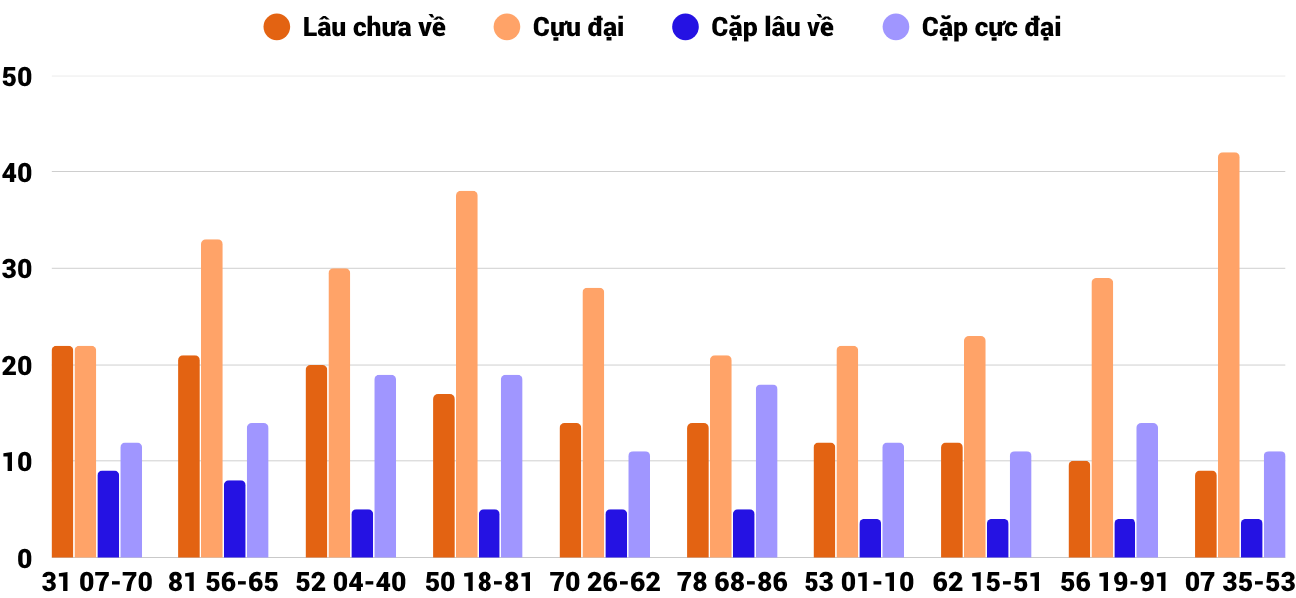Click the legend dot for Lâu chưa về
(x=277, y=27)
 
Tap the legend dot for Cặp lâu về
(x=685, y=27)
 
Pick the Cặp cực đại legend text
(x=991, y=27)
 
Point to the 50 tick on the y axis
(x=18, y=77)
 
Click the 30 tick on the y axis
(x=18, y=269)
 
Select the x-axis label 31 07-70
(x=97, y=582)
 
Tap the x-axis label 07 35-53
(x=1239, y=582)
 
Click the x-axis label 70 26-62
(x=605, y=582)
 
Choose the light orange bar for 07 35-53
(x=1229, y=356)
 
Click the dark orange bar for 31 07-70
(x=62, y=451)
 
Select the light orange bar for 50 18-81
(x=467, y=375)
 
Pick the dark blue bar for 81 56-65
(x=235, y=519)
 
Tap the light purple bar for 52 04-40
(x=385, y=466)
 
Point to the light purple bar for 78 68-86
(x=767, y=471)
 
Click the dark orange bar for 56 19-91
(x=1079, y=509)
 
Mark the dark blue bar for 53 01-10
(x=870, y=538)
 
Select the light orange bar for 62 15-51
(x=974, y=448)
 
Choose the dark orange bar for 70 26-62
(x=570, y=490)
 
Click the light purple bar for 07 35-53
(x=1275, y=505)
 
